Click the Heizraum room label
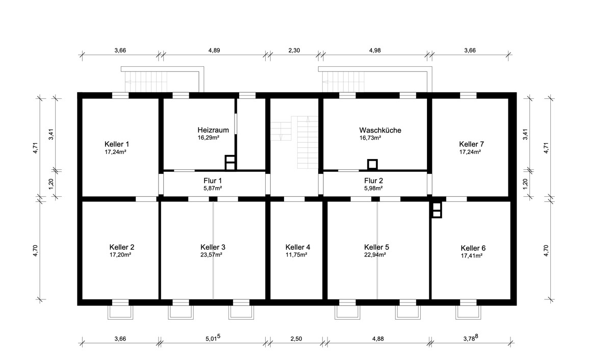point(213,130)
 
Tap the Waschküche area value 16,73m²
point(370,138)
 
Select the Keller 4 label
point(298,247)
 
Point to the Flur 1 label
point(213,181)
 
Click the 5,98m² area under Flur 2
point(373,188)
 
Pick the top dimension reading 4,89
point(214,50)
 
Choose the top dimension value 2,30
point(294,50)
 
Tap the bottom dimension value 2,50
point(296,339)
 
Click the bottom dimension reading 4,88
point(378,339)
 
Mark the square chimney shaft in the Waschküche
point(372,164)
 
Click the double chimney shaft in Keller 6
point(437,210)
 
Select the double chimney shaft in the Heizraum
point(230,163)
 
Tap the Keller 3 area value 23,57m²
point(211,255)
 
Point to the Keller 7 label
point(471,144)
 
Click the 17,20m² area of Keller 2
point(120,255)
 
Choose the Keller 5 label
point(376,247)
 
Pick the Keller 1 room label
point(117,144)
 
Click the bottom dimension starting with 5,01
point(213,338)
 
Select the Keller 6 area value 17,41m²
point(472,256)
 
